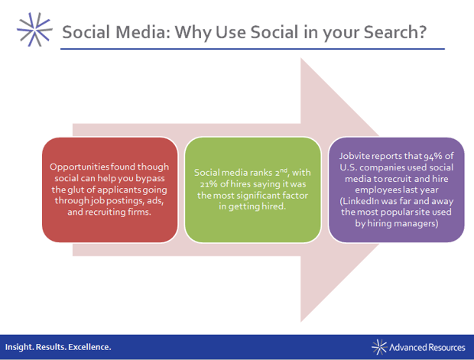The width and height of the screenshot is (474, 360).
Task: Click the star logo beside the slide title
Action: pos(34,30)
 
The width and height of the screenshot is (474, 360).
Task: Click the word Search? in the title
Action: pos(395,32)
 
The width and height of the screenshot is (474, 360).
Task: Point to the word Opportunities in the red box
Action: pos(79,167)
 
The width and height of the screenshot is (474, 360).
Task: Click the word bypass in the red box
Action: pos(150,179)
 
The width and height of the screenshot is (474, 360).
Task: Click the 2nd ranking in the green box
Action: pos(281,172)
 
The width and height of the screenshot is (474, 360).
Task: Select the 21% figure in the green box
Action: pos(209,184)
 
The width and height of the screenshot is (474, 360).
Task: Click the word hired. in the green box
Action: pos(274,206)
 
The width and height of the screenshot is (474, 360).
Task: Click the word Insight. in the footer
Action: pos(19,347)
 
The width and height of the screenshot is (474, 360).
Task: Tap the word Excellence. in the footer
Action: pos(89,347)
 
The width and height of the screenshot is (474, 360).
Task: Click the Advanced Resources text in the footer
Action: pos(427,347)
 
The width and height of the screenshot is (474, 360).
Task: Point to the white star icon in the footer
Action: pos(379,347)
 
